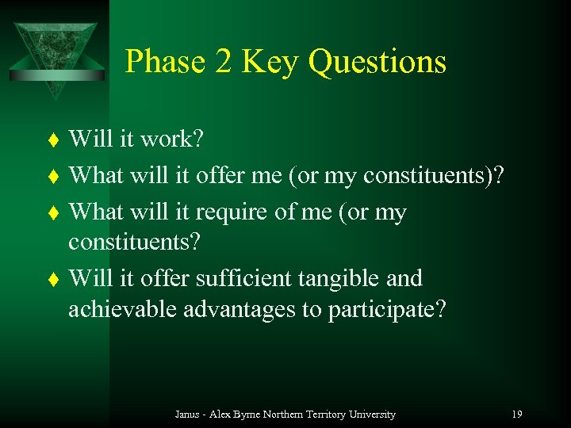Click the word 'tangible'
click(335, 279)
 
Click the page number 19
click(516, 414)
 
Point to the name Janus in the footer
click(187, 414)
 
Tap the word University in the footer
click(374, 414)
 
